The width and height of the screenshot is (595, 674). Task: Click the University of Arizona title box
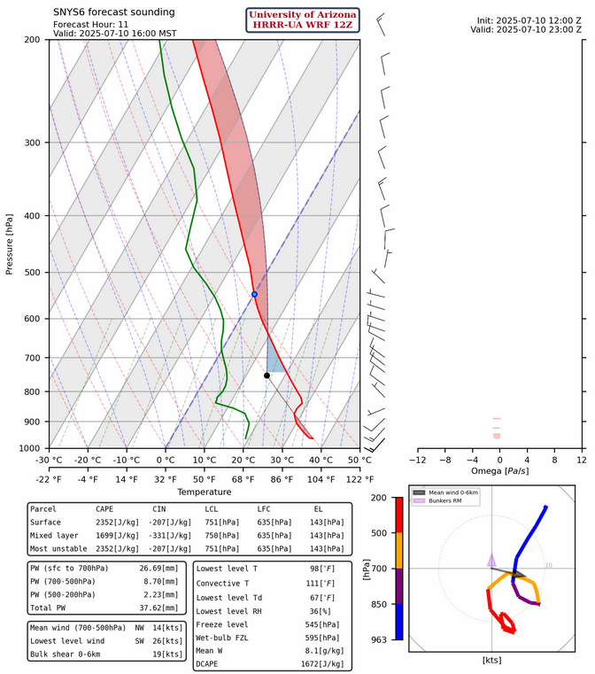303,19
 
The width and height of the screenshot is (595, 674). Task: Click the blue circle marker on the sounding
254,294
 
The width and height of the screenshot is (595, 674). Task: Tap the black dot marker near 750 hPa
267,376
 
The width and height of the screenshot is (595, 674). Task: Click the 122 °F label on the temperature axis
359,478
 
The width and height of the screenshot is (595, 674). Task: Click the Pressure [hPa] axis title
10,244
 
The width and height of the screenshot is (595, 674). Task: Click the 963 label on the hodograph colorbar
380,639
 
